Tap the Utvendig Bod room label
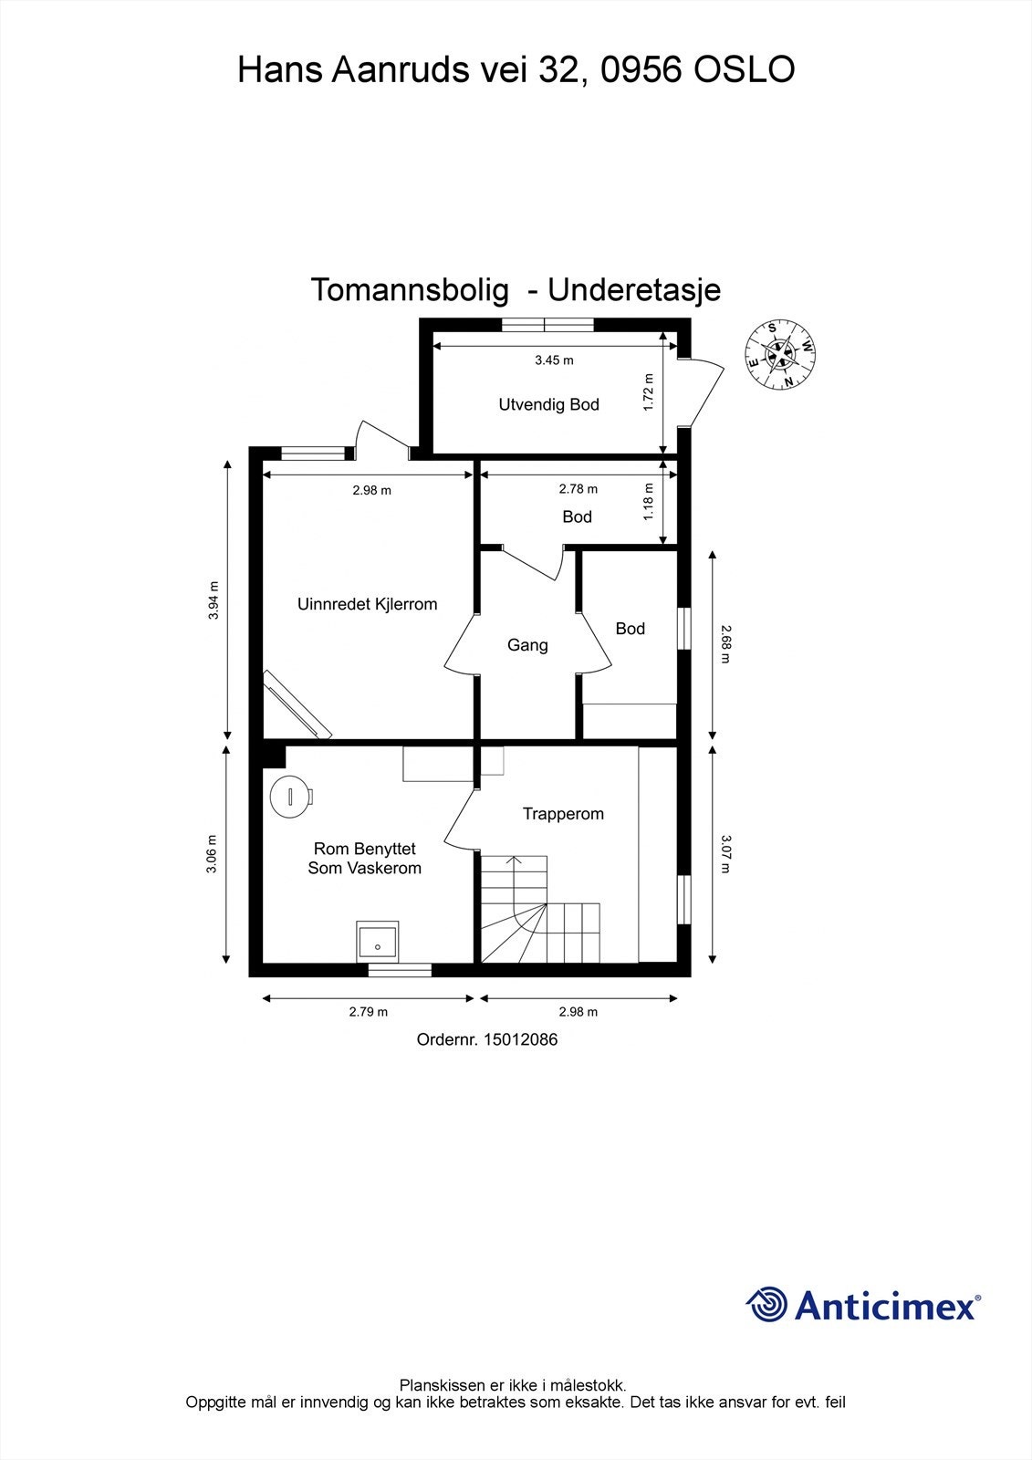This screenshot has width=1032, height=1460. [548, 404]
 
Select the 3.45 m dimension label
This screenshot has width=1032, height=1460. [554, 360]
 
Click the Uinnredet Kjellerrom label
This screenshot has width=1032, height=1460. [367, 604]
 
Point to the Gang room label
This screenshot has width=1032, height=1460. [527, 645]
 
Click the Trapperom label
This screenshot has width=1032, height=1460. [563, 814]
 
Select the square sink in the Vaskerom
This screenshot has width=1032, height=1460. [377, 941]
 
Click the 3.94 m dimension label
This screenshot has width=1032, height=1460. [214, 600]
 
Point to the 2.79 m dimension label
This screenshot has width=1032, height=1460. [368, 1012]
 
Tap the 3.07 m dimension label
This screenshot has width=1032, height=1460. [725, 854]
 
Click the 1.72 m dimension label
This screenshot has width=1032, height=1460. [649, 392]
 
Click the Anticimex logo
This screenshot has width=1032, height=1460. [863, 1305]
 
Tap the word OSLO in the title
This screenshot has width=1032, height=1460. [745, 70]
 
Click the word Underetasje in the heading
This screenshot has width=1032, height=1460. [634, 290]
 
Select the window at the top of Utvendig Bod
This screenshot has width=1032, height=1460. [547, 324]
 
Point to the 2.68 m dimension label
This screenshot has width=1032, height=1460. [725, 643]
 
